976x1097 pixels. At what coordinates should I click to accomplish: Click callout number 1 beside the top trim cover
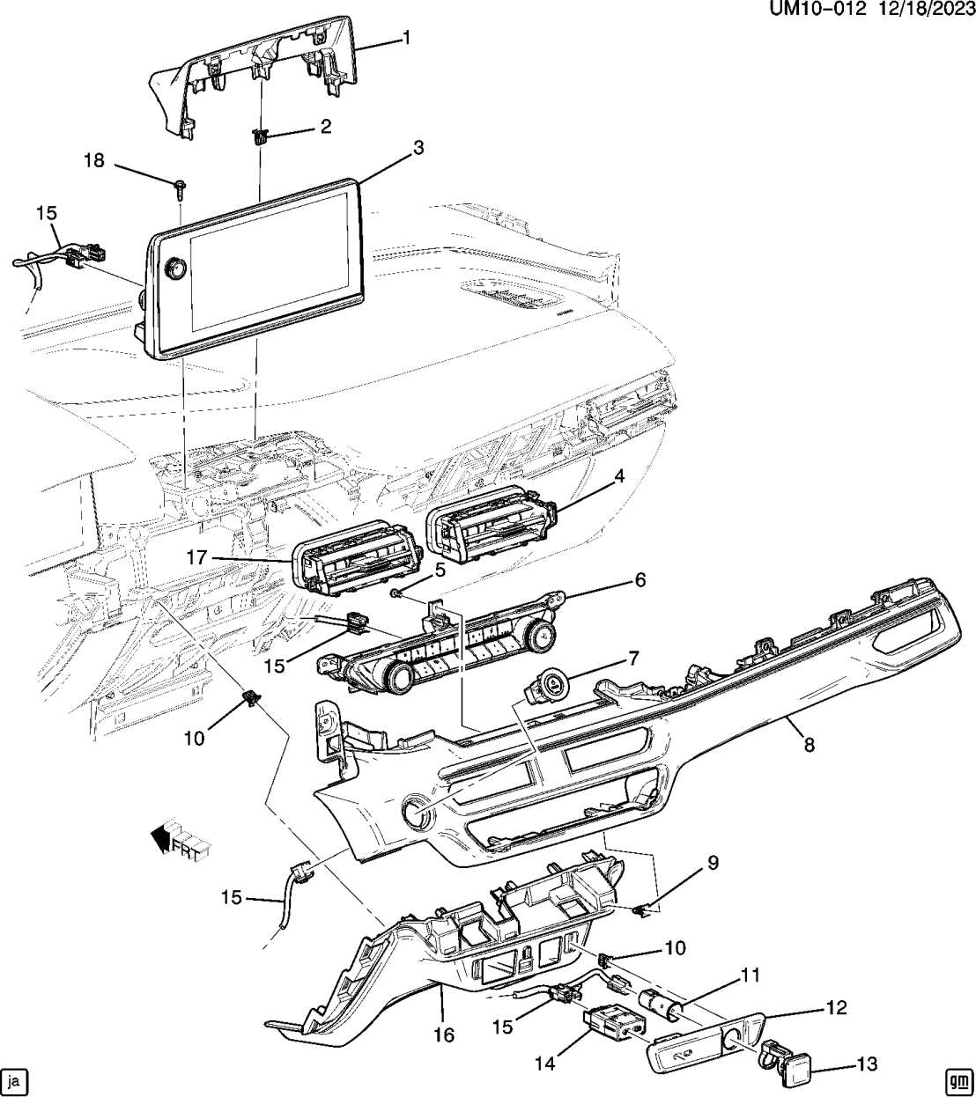pos(408,37)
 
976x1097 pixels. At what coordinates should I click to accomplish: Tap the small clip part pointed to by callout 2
pos(260,136)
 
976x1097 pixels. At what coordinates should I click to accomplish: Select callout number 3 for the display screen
pos(418,148)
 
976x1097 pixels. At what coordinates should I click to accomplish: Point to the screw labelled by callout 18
pos(180,186)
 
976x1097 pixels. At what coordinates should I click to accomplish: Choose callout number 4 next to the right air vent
pos(620,477)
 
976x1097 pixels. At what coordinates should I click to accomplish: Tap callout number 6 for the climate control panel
pos(640,580)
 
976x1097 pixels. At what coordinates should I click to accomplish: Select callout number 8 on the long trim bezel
pos(808,745)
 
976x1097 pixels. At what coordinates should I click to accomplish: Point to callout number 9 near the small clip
pos(713,863)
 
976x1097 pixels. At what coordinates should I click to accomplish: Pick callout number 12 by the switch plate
pos(836,1007)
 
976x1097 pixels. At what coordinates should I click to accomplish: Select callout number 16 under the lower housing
pos(445,1035)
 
